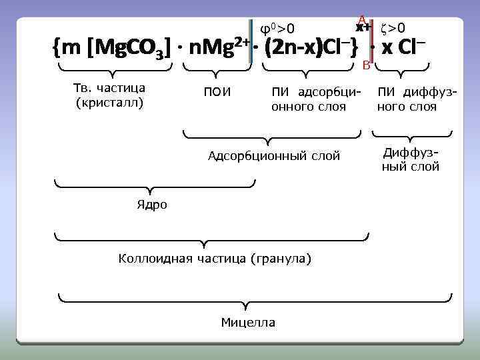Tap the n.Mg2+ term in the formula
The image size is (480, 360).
[x=217, y=47]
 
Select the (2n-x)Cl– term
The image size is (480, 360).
[x=310, y=48]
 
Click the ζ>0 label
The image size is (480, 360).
[x=393, y=27]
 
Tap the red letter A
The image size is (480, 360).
[x=361, y=19]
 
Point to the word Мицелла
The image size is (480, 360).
[x=248, y=323]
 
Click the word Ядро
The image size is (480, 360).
[x=152, y=205]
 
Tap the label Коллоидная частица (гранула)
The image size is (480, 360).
[x=214, y=258]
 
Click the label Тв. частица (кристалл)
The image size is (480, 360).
[x=110, y=95]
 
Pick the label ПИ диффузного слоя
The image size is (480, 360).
[x=417, y=99]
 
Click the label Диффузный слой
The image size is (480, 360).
[x=411, y=159]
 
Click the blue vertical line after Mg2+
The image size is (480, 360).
[x=251, y=42]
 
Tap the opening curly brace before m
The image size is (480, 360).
[x=57, y=48]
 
